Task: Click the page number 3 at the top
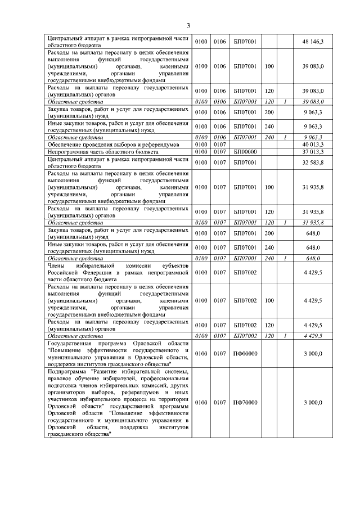188,25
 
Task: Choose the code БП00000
245,152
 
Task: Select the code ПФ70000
245,403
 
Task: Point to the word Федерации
94,272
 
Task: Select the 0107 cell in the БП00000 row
219,152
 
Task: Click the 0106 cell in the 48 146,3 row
219,42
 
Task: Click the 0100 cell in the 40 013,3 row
201,145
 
